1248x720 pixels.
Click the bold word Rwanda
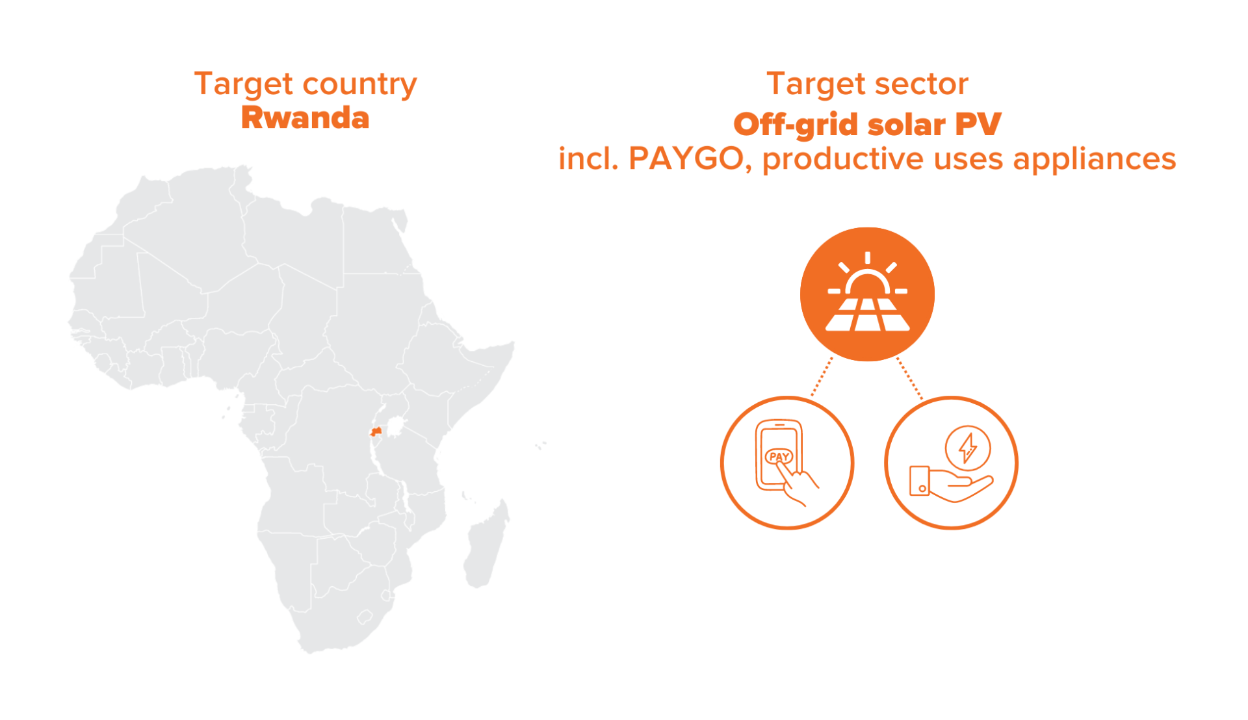[305, 118]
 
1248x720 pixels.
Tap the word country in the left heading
[359, 85]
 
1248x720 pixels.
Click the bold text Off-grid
[795, 125]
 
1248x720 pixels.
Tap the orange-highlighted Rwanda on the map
[376, 431]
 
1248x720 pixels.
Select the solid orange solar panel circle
[867, 294]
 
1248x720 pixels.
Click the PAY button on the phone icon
[779, 457]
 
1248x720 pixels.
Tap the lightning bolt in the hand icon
[968, 448]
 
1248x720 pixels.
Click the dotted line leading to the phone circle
[822, 376]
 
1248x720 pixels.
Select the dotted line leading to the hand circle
[910, 378]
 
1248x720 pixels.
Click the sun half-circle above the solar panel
[867, 284]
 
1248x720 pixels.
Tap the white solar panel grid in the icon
[867, 315]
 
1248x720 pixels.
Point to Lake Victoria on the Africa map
[395, 427]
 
